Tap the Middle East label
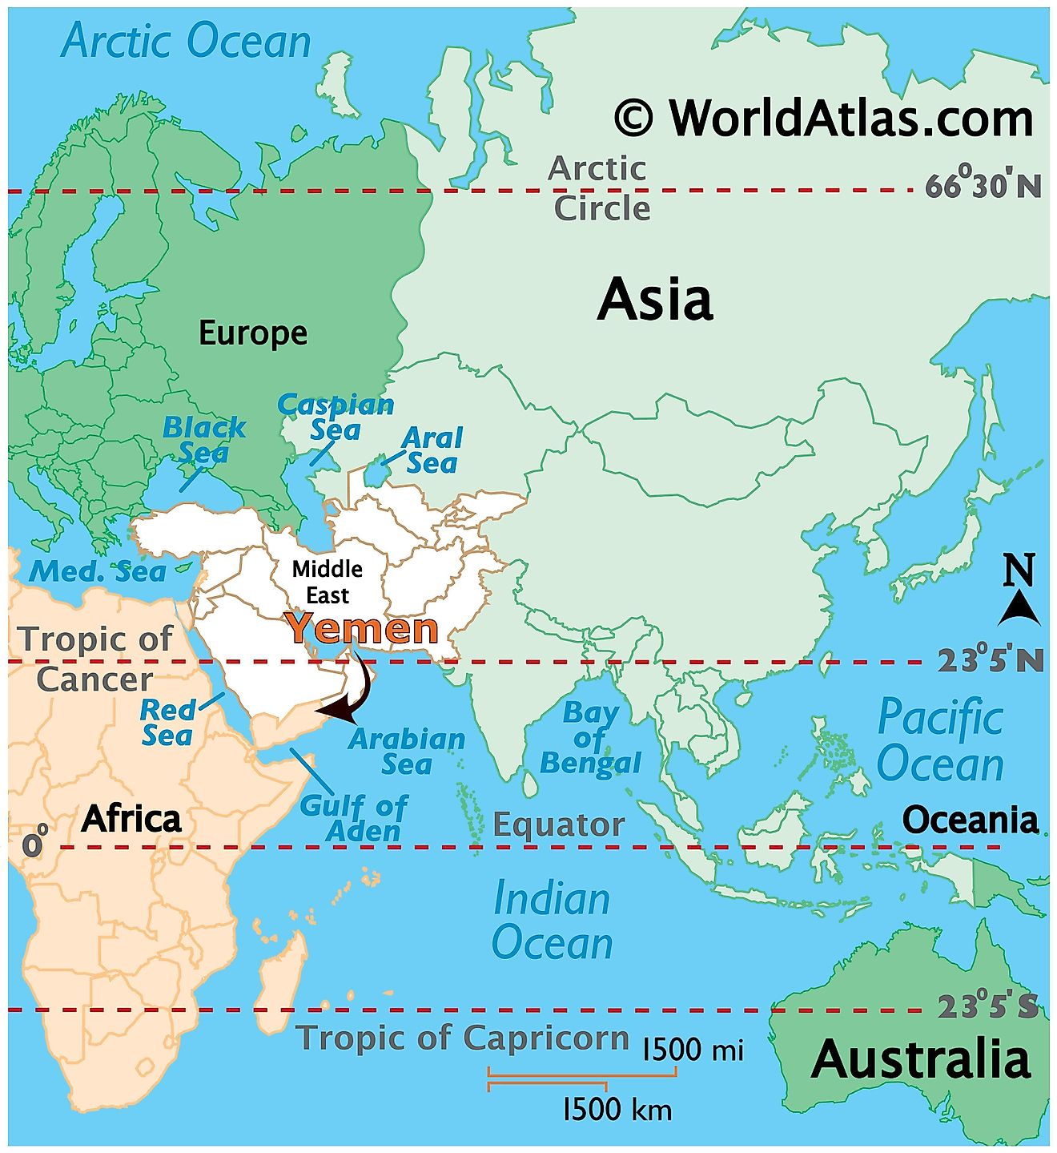pos(327,582)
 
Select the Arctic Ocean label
pos(186,41)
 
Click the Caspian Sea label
pos(336,417)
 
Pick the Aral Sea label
pos(432,450)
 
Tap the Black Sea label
pos(203,439)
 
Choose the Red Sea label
pos(167,722)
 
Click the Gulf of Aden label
pos(353,817)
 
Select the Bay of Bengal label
pos(590,737)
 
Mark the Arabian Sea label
pos(407,751)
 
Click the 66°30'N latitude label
pos(983,186)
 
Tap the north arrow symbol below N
pos(1019,609)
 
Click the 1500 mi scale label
pos(693,1049)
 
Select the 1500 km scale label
pos(617,1109)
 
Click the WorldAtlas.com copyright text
pos(824,119)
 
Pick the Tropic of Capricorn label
pos(463,1038)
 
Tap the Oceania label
pos(970,820)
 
